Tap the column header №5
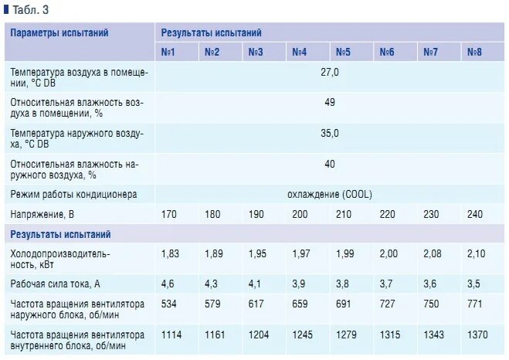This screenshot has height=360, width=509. [343, 53]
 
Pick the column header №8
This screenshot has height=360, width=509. [474, 53]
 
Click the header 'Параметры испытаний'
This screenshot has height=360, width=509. [59, 33]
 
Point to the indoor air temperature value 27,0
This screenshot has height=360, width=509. [330, 72]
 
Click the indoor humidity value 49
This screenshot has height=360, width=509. [330, 103]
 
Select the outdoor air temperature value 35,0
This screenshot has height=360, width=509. [330, 134]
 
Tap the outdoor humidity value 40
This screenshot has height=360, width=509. [330, 164]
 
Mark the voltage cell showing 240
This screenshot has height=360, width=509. [474, 213]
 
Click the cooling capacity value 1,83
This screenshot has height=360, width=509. [170, 253]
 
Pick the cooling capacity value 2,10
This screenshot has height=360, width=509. [476, 253]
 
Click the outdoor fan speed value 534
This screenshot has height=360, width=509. [168, 304]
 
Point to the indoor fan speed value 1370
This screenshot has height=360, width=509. [477, 335]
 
